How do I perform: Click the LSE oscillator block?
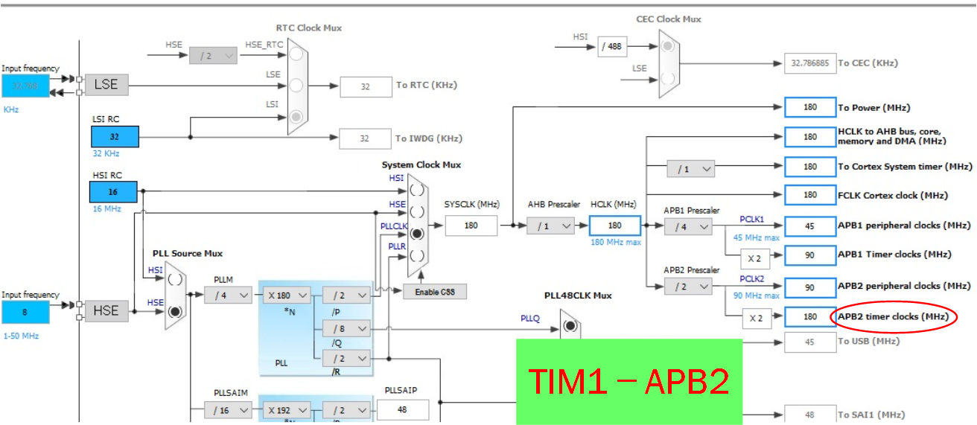[x=106, y=84]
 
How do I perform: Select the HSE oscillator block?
[x=106, y=310]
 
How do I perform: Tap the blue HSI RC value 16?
[x=115, y=192]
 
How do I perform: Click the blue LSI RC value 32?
[x=115, y=137]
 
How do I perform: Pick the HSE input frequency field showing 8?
[x=25, y=312]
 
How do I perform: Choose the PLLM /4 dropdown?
[x=228, y=295]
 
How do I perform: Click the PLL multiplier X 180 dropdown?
[x=287, y=295]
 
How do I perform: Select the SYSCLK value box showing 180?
[x=471, y=225]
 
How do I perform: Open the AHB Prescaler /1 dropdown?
[x=551, y=226]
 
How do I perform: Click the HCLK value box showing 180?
[x=614, y=226]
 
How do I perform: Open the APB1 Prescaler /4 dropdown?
[x=688, y=226]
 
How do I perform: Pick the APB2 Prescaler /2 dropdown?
[x=688, y=286]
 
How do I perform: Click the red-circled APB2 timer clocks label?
[x=893, y=316]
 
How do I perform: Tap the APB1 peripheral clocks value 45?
[x=809, y=226]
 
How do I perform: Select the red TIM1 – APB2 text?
[x=628, y=380]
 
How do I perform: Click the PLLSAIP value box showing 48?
[x=403, y=409]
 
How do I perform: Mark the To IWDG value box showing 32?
[x=365, y=138]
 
